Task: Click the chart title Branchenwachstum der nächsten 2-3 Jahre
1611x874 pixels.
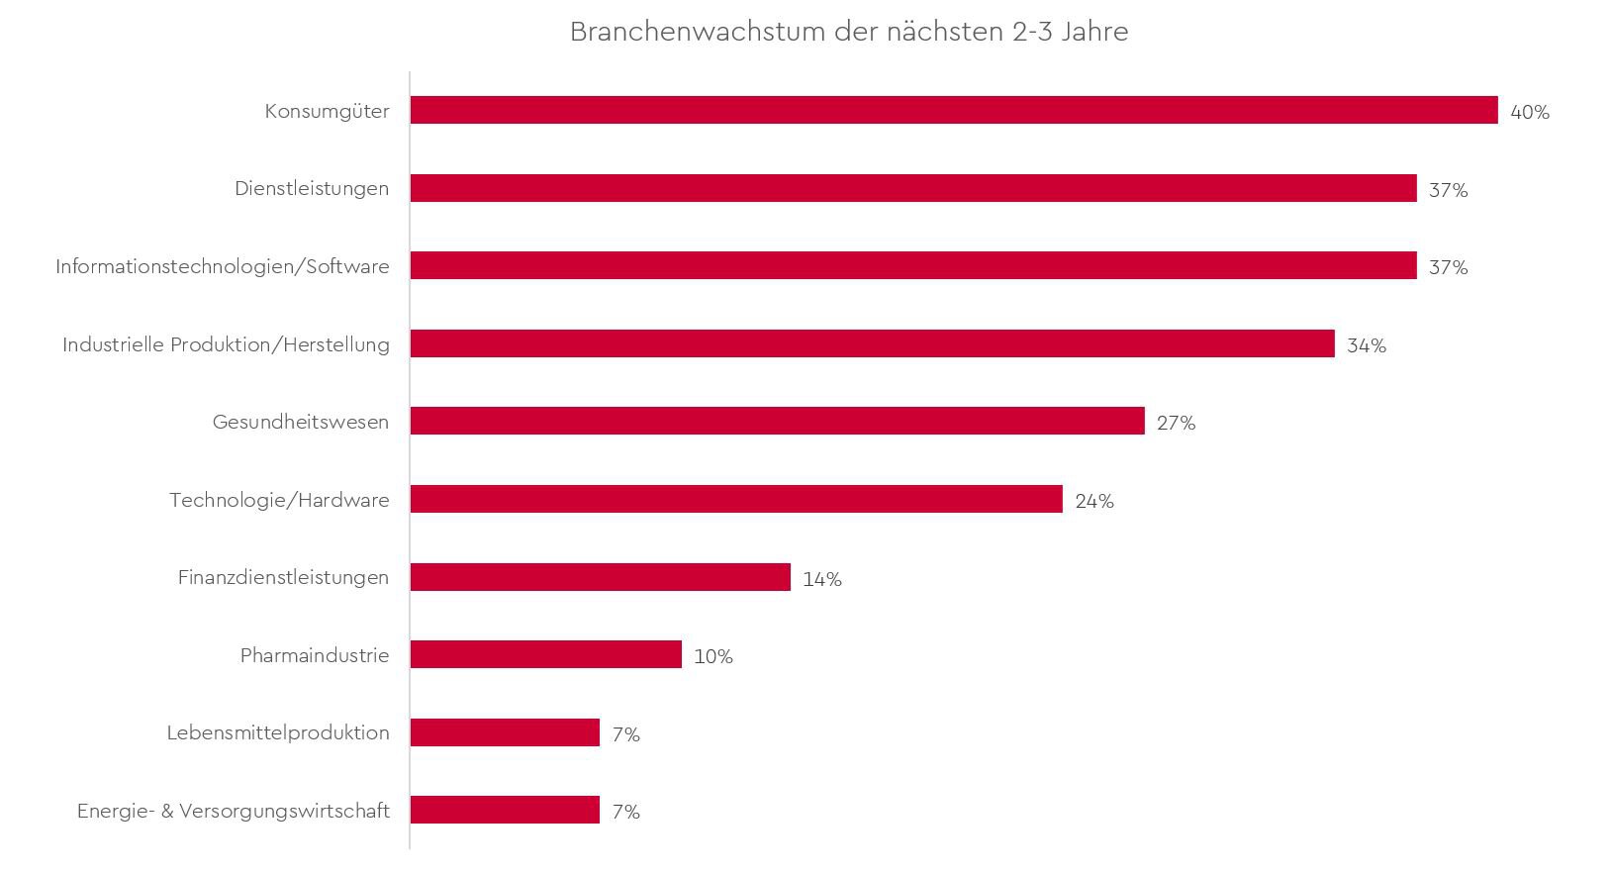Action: coord(848,32)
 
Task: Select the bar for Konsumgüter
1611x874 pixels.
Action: coord(953,110)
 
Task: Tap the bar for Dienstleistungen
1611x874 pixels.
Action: coord(912,188)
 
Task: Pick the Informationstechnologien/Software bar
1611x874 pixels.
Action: coord(912,265)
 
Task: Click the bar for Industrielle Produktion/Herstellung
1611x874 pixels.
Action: coord(872,343)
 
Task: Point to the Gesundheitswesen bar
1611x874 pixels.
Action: coord(777,421)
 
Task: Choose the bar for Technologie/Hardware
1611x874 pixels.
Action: coord(736,499)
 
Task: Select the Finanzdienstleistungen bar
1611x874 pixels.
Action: coord(600,577)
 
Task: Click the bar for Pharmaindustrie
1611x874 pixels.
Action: coord(545,654)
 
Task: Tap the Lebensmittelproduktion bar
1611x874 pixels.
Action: coord(505,732)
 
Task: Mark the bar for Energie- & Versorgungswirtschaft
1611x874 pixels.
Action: coord(505,810)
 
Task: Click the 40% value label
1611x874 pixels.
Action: coord(1529,113)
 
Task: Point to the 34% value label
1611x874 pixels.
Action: coord(1366,345)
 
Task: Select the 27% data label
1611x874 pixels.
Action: coord(1176,424)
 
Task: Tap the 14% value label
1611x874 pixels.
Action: coord(821,579)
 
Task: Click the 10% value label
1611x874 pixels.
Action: coord(712,657)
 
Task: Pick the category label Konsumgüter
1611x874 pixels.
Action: coord(327,111)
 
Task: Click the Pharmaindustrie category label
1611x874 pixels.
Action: coord(314,655)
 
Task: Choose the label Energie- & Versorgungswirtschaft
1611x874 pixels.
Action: coord(233,811)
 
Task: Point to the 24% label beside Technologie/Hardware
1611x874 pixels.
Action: coord(1093,501)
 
